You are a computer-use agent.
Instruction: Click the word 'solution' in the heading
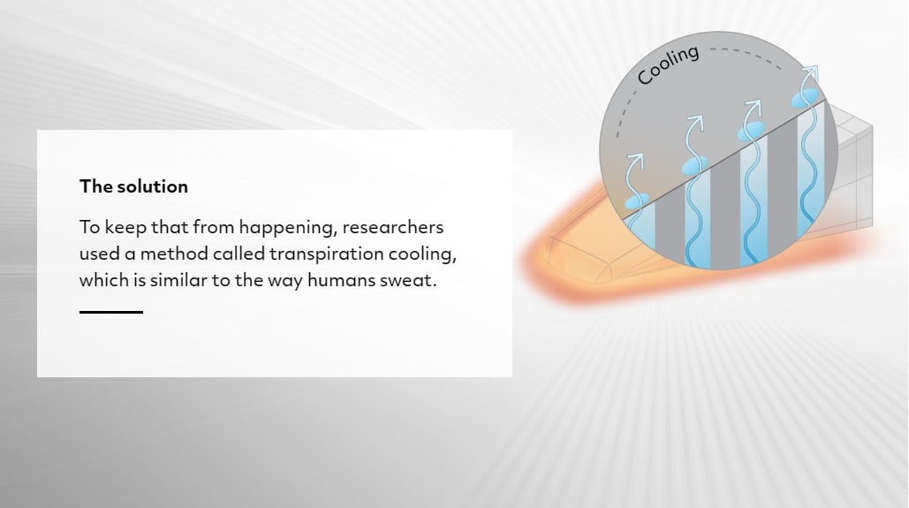(x=153, y=186)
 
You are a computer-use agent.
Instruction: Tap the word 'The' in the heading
(x=95, y=186)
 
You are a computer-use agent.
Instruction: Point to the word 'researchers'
(x=392, y=227)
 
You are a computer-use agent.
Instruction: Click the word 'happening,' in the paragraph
(x=288, y=228)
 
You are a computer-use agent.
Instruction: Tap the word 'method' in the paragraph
(x=174, y=254)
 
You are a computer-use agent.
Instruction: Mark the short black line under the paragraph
(x=111, y=312)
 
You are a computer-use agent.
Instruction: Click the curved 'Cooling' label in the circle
(x=669, y=64)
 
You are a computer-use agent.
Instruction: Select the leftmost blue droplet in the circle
(x=637, y=201)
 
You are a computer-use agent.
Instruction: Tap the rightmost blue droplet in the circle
(x=807, y=98)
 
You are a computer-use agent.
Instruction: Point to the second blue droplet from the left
(x=694, y=165)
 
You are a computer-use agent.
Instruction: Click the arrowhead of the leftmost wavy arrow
(x=637, y=158)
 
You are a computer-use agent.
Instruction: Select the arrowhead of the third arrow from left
(x=754, y=107)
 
